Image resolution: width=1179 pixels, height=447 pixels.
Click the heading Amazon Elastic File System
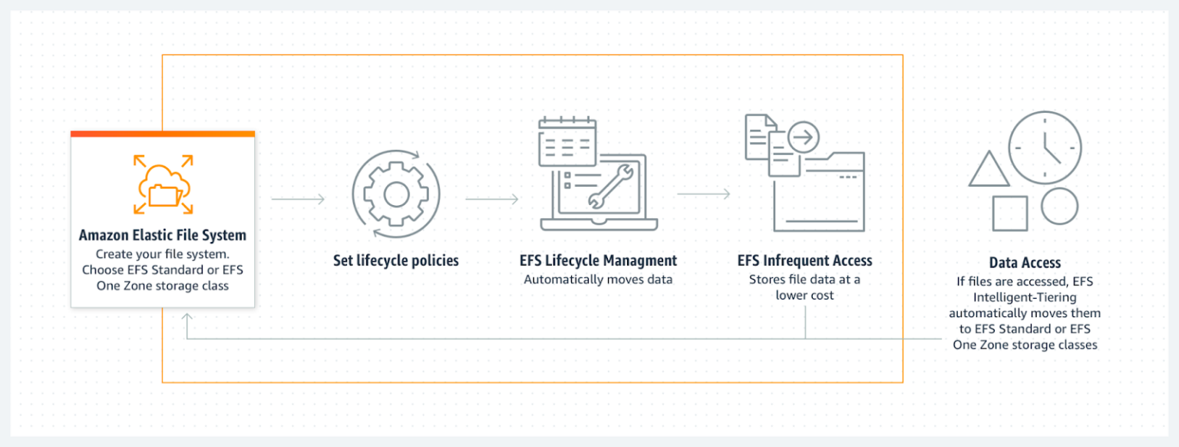coord(163,235)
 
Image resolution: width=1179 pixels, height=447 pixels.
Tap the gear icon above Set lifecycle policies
coord(396,195)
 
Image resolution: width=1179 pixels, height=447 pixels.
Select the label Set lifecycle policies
coord(396,260)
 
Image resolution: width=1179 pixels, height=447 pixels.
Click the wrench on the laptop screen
coord(609,187)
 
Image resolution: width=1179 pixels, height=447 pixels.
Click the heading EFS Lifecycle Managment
coord(598,260)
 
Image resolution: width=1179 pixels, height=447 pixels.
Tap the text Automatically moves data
coord(598,280)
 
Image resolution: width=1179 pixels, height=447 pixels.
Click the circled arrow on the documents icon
coord(804,138)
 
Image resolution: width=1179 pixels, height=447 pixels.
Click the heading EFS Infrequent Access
coord(804,260)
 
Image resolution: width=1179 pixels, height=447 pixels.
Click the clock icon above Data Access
coord(1045,147)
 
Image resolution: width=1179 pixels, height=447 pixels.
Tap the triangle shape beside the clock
coord(989,169)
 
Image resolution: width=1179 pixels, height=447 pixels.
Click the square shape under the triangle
coord(1009,214)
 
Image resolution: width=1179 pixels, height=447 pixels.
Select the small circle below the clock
coord(1059,206)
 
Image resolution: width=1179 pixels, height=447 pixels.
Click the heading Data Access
coord(1025,263)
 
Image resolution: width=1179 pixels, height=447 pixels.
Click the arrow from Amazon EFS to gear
coord(299,200)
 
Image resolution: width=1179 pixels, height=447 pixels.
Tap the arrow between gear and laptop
coord(492,200)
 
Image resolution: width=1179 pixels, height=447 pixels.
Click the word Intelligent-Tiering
coord(1025,297)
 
